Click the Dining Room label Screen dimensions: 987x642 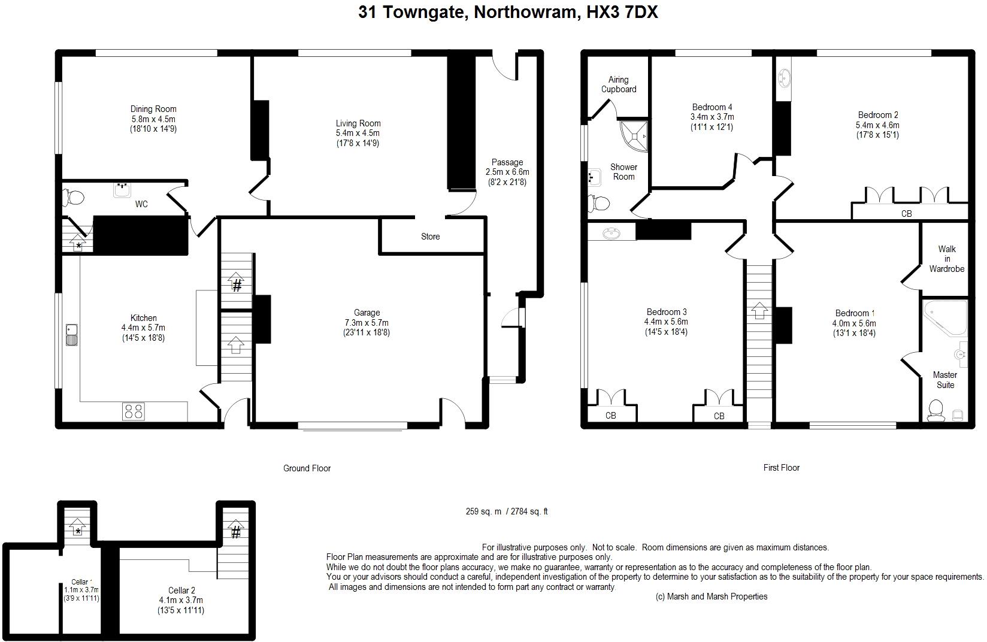(x=153, y=109)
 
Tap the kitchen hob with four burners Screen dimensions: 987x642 (x=134, y=411)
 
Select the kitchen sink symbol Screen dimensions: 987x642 (x=72, y=335)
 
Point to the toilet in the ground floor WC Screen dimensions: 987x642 (x=73, y=198)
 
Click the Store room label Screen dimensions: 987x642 (x=431, y=237)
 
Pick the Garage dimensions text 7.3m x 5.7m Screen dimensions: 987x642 (x=367, y=323)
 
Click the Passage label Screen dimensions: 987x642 (x=507, y=162)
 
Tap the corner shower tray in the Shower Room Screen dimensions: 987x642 (x=634, y=136)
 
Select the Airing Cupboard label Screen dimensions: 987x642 (x=619, y=84)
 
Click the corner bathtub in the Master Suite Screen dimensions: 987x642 (x=944, y=317)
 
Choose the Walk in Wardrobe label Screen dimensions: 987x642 (x=947, y=259)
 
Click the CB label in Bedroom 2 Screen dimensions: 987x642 (x=906, y=214)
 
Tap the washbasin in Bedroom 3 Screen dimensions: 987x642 (x=611, y=233)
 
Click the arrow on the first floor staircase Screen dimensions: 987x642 (x=759, y=310)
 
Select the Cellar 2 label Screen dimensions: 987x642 (x=181, y=590)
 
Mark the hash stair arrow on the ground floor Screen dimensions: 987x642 (x=237, y=283)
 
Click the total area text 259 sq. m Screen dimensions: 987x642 (x=483, y=511)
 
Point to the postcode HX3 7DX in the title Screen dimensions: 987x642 (x=622, y=12)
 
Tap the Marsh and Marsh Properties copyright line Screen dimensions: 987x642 (x=712, y=596)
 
